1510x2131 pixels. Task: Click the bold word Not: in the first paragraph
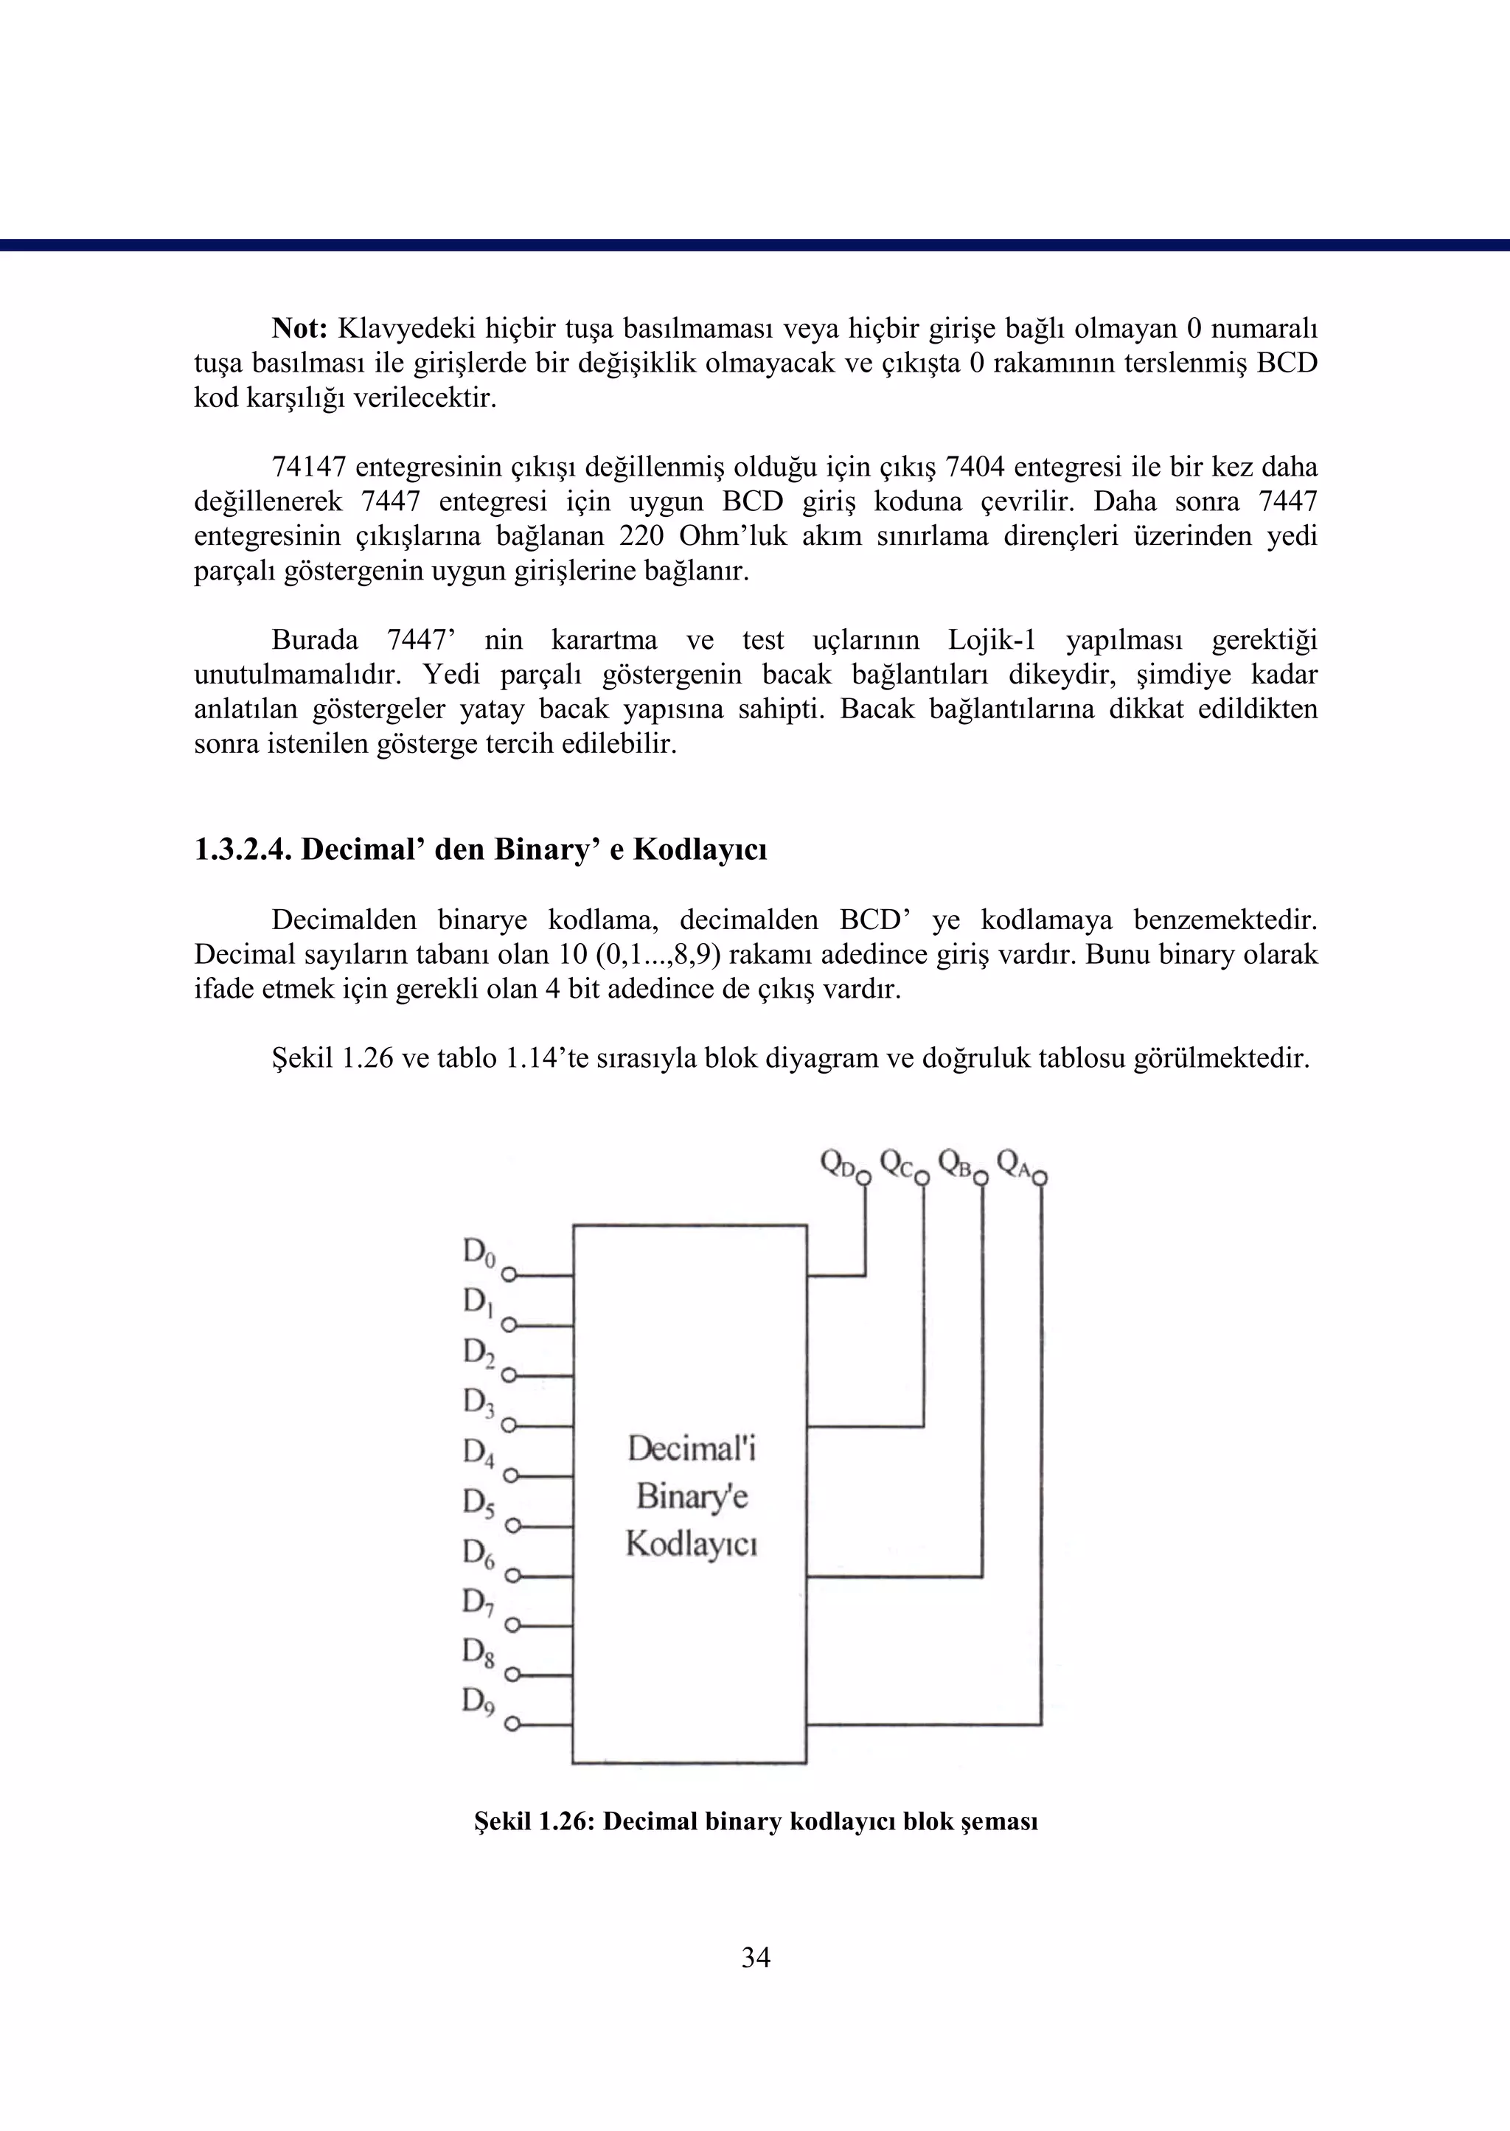point(299,328)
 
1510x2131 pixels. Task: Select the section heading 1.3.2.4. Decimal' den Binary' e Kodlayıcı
point(480,849)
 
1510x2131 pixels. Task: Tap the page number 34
point(755,1957)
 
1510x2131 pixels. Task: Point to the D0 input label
point(478,1252)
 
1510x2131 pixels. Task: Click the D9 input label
point(478,1700)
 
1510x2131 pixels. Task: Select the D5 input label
point(478,1501)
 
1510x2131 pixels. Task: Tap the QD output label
point(837,1162)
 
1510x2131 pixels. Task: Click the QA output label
point(1014,1162)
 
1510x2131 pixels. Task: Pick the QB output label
point(955,1162)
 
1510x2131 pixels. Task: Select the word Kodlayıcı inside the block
point(691,1543)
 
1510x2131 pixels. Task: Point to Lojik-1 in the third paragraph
point(992,640)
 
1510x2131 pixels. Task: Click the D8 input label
point(478,1651)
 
